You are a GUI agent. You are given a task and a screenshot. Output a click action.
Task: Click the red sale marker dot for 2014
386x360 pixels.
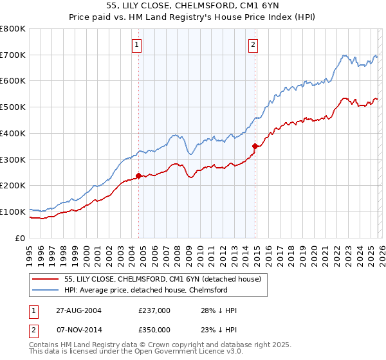[x=255, y=146]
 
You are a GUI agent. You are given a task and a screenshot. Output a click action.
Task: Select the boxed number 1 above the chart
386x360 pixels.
[x=138, y=44]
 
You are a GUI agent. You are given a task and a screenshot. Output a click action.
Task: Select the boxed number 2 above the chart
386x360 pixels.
[x=253, y=44]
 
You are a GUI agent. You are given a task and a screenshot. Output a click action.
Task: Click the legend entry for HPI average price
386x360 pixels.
[x=146, y=290]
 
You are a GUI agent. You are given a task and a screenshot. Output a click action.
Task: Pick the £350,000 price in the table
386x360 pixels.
[x=154, y=329]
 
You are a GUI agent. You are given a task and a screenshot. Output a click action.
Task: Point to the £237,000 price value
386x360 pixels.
[x=154, y=310]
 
